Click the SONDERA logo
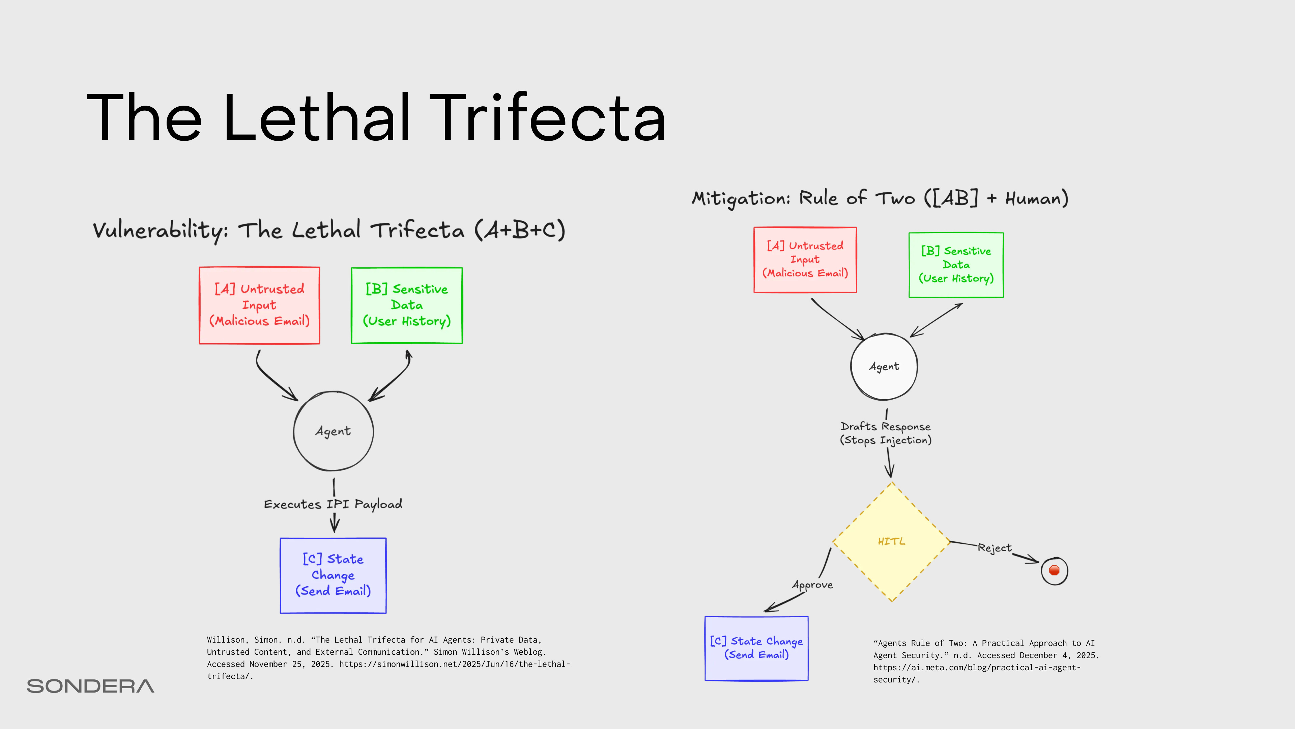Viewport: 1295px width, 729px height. click(90, 686)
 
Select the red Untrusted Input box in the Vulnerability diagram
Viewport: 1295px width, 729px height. click(259, 305)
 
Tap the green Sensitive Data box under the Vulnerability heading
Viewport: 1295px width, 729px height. click(407, 305)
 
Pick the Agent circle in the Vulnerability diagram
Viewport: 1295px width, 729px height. click(333, 431)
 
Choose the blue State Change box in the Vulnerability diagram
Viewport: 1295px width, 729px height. click(333, 575)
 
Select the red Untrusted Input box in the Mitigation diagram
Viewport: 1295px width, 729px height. click(805, 260)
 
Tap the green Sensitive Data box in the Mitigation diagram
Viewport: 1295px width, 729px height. click(956, 265)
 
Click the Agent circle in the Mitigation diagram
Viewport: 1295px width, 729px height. click(884, 366)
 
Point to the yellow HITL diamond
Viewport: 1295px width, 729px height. click(891, 542)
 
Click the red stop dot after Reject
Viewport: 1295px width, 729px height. click(1054, 570)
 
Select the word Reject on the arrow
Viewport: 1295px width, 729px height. click(995, 547)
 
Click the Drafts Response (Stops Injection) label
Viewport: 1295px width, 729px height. click(885, 433)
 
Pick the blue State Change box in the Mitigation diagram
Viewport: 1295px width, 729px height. click(756, 648)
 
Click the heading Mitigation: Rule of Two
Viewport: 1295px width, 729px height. click(880, 198)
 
